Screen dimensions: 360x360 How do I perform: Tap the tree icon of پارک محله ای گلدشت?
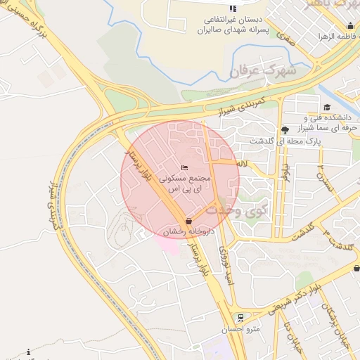tap(284, 130)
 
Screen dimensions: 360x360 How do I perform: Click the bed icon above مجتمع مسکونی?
tap(184, 167)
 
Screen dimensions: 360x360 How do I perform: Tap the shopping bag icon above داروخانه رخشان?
tap(188, 221)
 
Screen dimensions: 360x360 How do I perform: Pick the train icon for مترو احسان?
tap(240, 317)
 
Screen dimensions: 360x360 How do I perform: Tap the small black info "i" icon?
tap(28, 352)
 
